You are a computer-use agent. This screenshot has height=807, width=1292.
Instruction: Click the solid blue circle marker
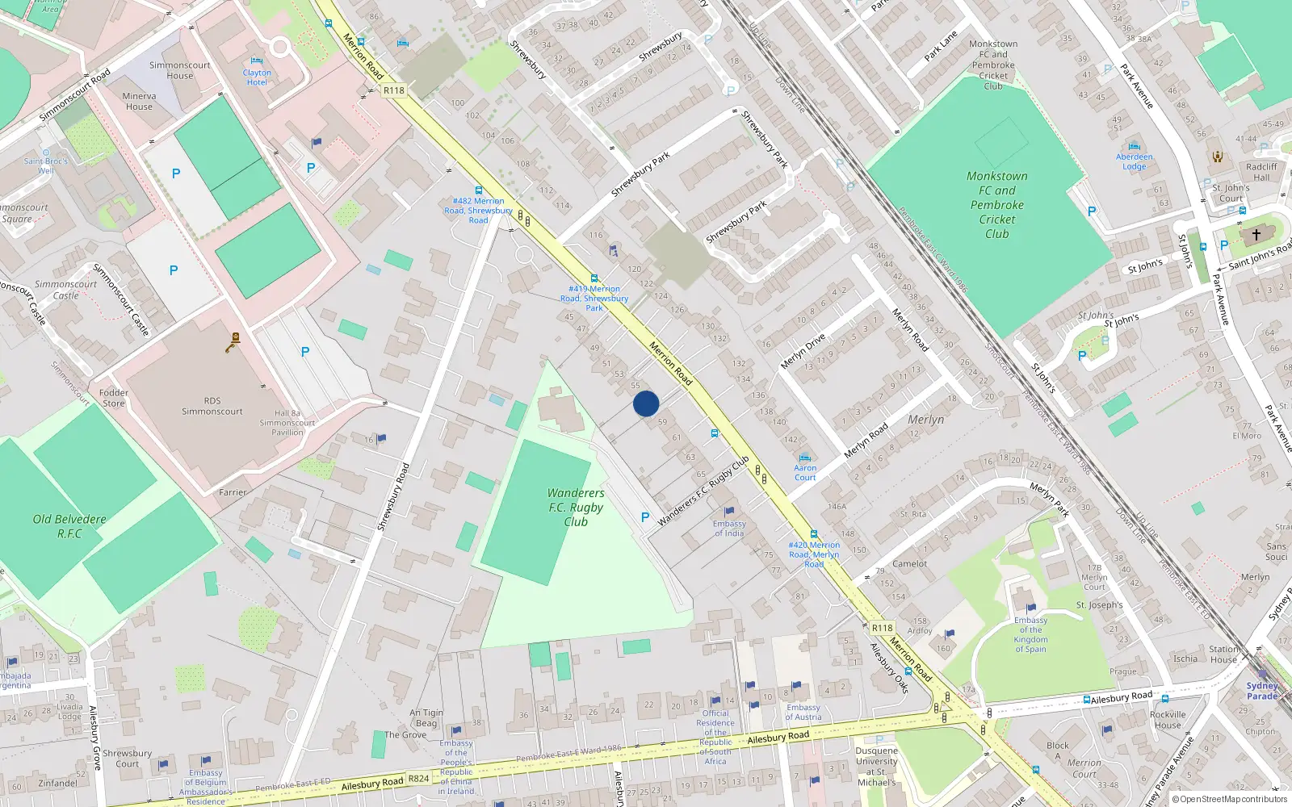(646, 403)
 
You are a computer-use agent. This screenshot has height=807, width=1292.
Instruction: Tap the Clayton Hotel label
(257, 77)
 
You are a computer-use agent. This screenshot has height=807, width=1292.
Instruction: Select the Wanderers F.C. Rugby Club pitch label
(576, 507)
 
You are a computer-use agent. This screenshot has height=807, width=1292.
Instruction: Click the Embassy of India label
(729, 528)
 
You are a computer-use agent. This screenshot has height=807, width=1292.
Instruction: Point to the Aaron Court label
(805, 472)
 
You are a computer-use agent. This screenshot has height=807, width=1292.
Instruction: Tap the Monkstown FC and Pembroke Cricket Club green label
(997, 205)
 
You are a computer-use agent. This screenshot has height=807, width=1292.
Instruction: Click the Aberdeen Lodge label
(1135, 161)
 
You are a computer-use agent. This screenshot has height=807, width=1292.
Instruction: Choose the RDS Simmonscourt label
(212, 406)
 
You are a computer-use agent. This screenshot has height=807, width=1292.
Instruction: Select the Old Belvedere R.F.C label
(69, 526)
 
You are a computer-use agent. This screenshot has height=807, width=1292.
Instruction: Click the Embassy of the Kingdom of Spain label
(1030, 634)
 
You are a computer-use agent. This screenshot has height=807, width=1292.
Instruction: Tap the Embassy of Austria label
(803, 712)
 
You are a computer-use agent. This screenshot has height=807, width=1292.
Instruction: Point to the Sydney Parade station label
(1262, 691)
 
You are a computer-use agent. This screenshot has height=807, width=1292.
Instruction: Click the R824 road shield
(418, 779)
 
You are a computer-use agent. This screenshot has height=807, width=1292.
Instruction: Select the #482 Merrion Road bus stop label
(478, 211)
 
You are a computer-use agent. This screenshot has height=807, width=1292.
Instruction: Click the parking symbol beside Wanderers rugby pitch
(644, 517)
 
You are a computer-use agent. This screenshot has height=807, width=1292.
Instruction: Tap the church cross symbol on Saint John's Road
(1256, 235)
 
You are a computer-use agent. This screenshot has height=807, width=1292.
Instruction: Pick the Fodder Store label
(114, 398)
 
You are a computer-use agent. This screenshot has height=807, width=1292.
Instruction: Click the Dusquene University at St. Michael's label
(876, 766)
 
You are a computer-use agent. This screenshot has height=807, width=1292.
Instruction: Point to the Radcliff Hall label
(1261, 172)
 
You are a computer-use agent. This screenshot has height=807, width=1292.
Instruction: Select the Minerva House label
(139, 101)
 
